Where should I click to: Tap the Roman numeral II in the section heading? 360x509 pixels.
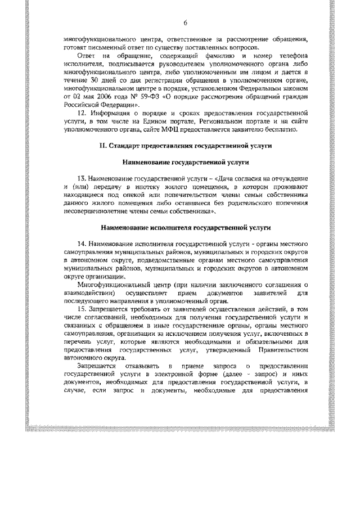[x=102, y=146]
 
